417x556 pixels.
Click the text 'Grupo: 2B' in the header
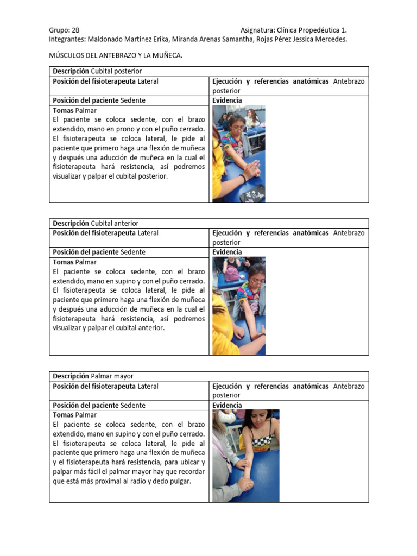[64, 30]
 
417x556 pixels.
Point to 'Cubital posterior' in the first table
[116, 71]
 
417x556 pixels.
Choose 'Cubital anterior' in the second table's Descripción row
[115, 223]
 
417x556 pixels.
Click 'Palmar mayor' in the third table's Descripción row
[112, 376]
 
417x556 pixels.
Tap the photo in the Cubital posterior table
[238, 154]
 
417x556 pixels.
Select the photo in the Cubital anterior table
[238, 306]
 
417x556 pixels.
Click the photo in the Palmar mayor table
[245, 456]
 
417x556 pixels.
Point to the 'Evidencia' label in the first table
[227, 100]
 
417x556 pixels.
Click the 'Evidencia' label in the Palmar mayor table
[227, 406]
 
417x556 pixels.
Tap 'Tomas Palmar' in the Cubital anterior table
[74, 262]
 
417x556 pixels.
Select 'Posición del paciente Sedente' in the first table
[99, 100]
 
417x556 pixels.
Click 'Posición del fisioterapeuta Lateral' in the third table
[105, 386]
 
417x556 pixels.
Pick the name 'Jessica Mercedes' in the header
[319, 40]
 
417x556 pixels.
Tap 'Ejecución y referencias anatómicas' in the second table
[270, 233]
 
